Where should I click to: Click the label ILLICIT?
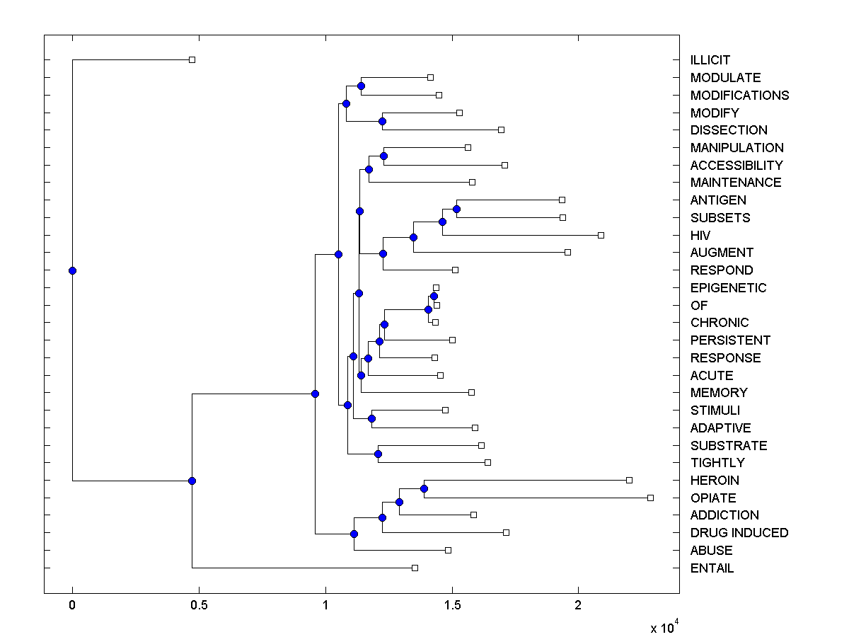pos(710,60)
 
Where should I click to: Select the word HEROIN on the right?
pos(715,480)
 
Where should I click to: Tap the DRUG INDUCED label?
pos(739,532)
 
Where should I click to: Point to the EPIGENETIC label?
pos(728,287)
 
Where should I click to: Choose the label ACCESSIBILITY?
pos(737,165)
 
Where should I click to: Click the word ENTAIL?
pos(712,568)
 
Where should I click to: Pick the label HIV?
pos(700,235)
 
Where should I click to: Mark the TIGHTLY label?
pos(717,462)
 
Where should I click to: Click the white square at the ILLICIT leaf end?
pos(192,59)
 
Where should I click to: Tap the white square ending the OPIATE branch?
pos(650,498)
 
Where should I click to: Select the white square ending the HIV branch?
pos(601,235)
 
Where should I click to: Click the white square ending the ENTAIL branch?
pos(415,568)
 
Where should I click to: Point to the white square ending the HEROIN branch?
pos(629,480)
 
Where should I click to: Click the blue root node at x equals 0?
pos(72,270)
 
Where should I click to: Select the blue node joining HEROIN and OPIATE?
pos(424,488)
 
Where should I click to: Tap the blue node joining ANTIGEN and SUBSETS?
pos(456,209)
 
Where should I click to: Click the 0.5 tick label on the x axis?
pos(199,605)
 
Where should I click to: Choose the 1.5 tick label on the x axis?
pos(451,605)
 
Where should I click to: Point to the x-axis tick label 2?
pos(578,605)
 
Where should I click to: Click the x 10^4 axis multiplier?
pos(664,626)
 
